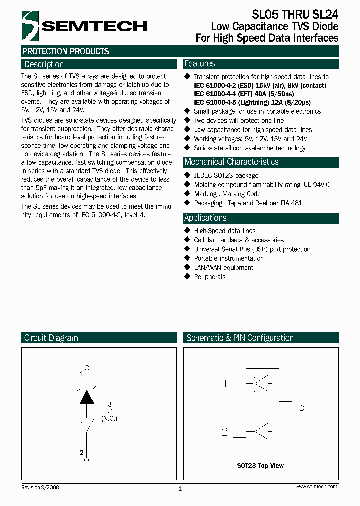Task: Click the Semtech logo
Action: click(x=84, y=26)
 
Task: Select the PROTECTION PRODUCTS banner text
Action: click(x=65, y=51)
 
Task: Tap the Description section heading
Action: click(x=44, y=64)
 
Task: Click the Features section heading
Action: click(x=199, y=64)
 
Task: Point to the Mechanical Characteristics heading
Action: click(x=231, y=162)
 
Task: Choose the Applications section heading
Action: click(x=205, y=218)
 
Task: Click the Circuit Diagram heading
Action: click(x=51, y=338)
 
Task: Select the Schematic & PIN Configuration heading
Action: click(x=240, y=338)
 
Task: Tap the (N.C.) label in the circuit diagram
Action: click(x=109, y=418)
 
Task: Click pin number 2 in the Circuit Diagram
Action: click(x=82, y=453)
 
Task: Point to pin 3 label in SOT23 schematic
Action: click(x=301, y=407)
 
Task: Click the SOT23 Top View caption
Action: click(x=260, y=465)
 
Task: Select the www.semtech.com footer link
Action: click(x=316, y=486)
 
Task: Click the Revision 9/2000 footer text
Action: click(x=40, y=487)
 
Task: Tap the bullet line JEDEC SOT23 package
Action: click(x=226, y=176)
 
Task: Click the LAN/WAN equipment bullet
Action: click(x=223, y=268)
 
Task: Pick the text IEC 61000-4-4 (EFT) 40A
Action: click(x=237, y=94)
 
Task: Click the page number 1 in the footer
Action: click(x=180, y=489)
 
